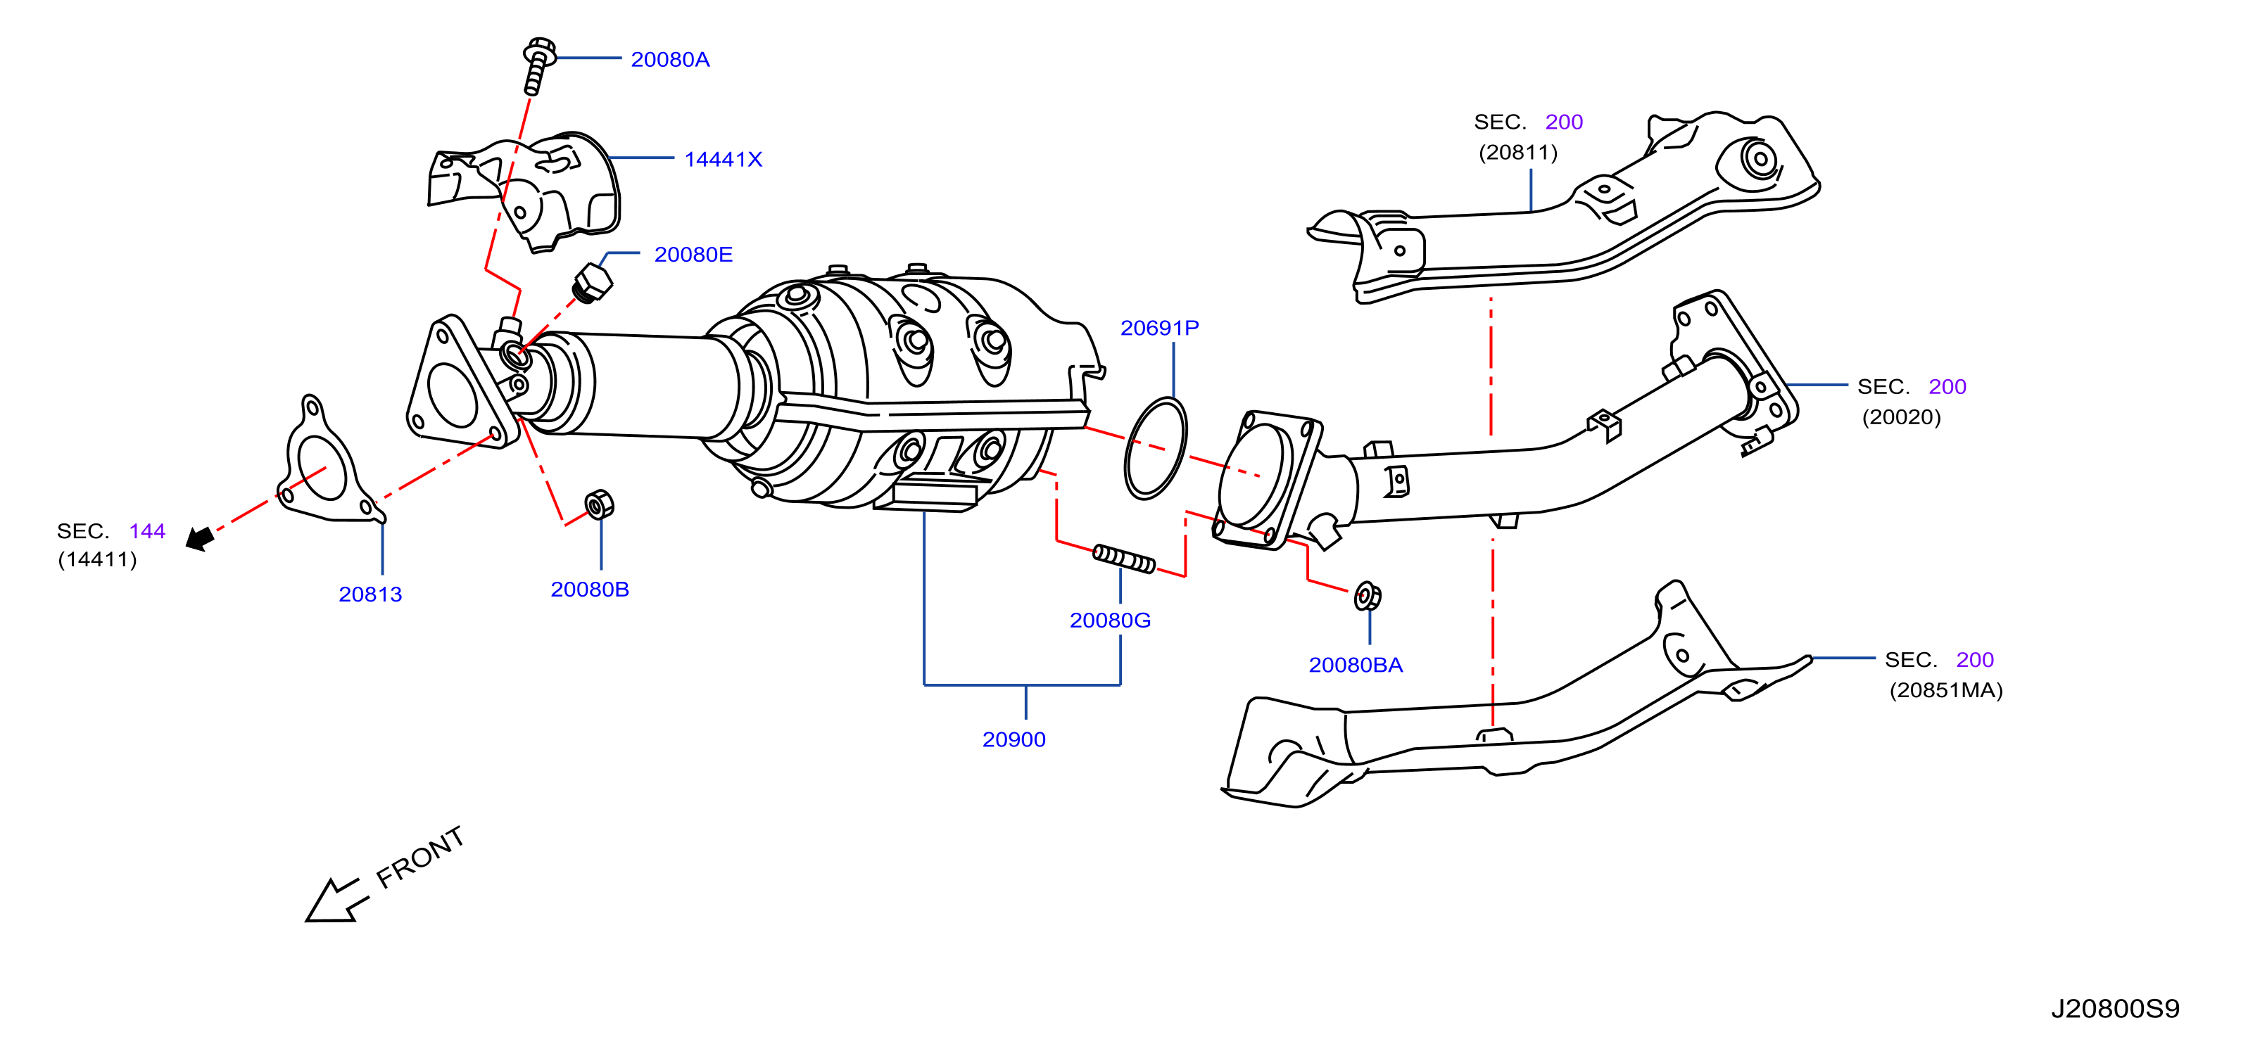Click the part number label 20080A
(x=670, y=59)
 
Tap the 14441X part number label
(x=723, y=159)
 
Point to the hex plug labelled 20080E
(x=591, y=282)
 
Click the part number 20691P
(x=1159, y=328)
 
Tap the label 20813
(x=370, y=594)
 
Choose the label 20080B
(x=590, y=590)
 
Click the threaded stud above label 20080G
(x=1124, y=559)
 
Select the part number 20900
(x=1013, y=739)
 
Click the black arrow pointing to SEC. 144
(x=200, y=538)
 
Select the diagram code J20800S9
(x=2115, y=1009)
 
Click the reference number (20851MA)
(x=1946, y=690)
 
